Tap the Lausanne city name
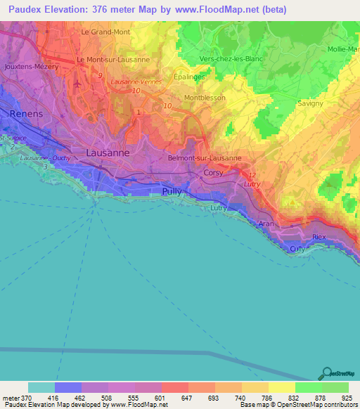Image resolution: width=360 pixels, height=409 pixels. [x=108, y=152]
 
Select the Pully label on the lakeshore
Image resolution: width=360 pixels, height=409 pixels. [x=172, y=190]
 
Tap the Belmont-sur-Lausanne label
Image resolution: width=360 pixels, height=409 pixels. [x=205, y=158]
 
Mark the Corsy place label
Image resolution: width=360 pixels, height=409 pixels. [x=213, y=172]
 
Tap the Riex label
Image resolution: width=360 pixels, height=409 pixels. [x=319, y=238]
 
